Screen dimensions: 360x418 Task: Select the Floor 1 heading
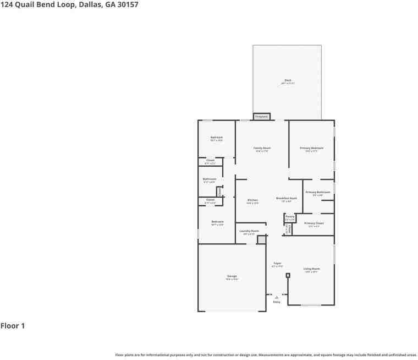(x=13, y=326)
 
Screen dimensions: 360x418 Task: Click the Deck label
(x=288, y=80)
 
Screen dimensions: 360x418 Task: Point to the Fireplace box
(x=262, y=117)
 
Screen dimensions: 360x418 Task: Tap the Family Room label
(x=262, y=148)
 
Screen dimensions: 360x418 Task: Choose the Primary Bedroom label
(x=311, y=148)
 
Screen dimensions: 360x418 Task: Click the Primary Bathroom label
(x=318, y=192)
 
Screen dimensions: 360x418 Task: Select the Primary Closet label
(x=313, y=223)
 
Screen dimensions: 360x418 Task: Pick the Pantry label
(x=290, y=217)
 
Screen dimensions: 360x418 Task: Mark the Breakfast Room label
(x=287, y=198)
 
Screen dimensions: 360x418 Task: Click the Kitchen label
(x=252, y=200)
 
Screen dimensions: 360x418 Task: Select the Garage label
(x=232, y=276)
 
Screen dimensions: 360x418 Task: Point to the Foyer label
(x=277, y=264)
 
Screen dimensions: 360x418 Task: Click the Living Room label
(x=311, y=269)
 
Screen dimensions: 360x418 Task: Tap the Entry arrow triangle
(x=277, y=297)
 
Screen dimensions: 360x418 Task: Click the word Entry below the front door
(x=277, y=302)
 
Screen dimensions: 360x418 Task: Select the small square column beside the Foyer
(x=288, y=275)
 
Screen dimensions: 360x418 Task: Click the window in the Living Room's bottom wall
(x=311, y=305)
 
